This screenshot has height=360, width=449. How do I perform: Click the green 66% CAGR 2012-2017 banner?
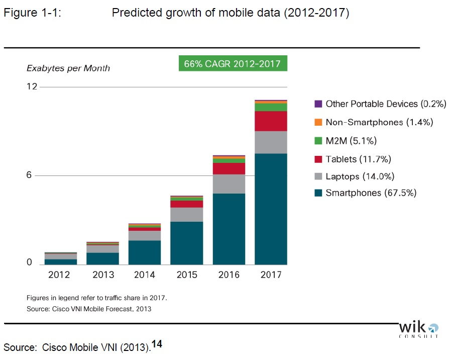pos(233,64)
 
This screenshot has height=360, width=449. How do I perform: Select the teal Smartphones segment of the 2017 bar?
pos(271,209)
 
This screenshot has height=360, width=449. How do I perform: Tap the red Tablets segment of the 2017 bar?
pos(271,121)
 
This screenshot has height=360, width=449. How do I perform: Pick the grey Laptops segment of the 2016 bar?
pos(229,184)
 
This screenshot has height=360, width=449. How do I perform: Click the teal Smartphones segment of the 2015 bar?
pos(187,243)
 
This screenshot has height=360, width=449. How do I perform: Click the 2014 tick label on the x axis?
pos(145,275)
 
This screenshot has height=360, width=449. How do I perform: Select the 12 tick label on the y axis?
pos(32,87)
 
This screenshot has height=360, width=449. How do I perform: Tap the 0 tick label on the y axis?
pos(29,262)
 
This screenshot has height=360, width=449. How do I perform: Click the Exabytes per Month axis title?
pos(68,68)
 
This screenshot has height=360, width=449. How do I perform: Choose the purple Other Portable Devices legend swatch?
pos(318,104)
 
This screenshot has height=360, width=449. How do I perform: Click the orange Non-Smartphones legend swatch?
pos(318,122)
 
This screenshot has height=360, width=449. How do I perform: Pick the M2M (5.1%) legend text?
pos(351,141)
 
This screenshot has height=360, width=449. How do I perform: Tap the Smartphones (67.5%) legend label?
pos(371,193)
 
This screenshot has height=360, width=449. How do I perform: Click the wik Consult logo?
pos(418,329)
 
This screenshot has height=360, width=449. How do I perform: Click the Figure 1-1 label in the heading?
pos(32,13)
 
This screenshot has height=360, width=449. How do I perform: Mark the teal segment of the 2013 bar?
pos(102,258)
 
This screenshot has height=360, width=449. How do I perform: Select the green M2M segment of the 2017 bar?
pos(271,107)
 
